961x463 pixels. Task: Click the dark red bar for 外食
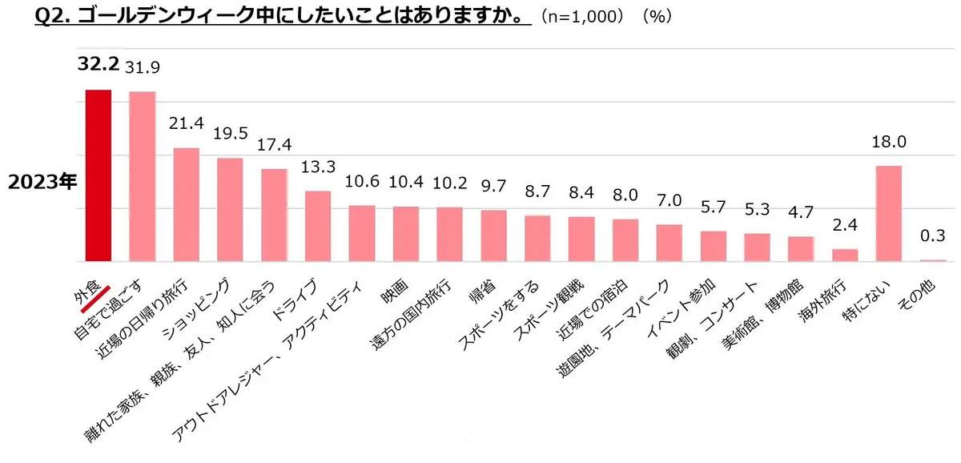click(98, 175)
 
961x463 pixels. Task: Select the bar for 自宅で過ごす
click(142, 176)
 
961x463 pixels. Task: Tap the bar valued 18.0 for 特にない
click(889, 213)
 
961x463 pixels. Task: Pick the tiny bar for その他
click(933, 260)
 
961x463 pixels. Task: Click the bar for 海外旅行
click(845, 256)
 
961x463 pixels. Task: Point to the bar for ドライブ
click(318, 226)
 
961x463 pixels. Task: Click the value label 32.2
click(98, 64)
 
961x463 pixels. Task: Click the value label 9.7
click(493, 185)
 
